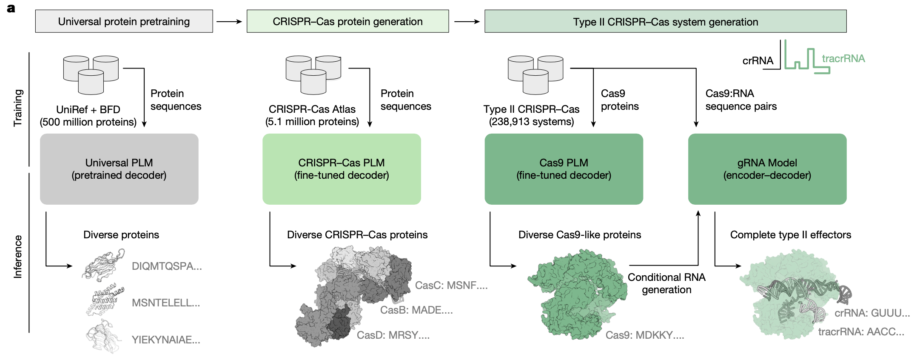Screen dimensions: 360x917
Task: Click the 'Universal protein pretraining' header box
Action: [124, 21]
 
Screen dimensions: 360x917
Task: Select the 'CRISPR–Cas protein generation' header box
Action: [347, 21]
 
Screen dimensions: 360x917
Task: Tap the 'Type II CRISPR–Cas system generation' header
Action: [665, 22]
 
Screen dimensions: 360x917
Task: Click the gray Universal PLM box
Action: [119, 169]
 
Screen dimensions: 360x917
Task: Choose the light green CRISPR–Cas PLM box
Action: [342, 169]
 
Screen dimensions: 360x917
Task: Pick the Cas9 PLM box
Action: [564, 169]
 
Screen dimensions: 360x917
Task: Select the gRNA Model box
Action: [767, 169]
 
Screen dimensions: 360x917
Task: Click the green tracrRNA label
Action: [843, 59]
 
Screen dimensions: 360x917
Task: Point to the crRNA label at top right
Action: [758, 61]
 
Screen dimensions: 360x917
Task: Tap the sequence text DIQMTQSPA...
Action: [167, 266]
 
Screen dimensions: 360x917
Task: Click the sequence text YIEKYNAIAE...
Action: [165, 340]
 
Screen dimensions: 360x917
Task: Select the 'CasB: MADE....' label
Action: [416, 310]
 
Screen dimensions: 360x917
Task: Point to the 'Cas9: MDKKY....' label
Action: [644, 335]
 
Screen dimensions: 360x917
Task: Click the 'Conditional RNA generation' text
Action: [666, 283]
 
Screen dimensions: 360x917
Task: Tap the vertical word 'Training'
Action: [18, 108]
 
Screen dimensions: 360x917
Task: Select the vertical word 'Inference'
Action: [18, 257]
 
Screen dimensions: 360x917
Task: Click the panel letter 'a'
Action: [11, 9]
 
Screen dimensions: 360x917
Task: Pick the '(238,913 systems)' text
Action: [531, 122]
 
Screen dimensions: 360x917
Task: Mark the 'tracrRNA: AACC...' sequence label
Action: [861, 332]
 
